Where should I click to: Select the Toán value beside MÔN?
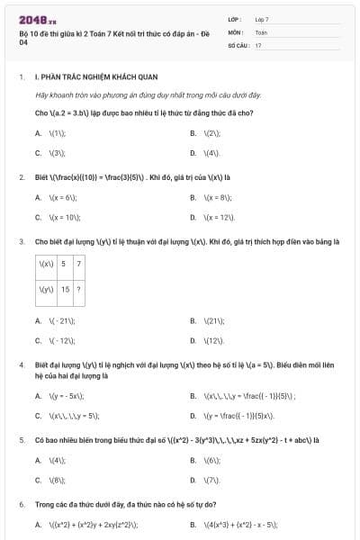tap(261, 31)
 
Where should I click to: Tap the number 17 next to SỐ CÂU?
tap(258, 44)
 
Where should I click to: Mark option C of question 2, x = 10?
tap(62, 217)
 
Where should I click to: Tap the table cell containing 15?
tap(65, 290)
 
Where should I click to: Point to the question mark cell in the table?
tap(79, 290)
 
